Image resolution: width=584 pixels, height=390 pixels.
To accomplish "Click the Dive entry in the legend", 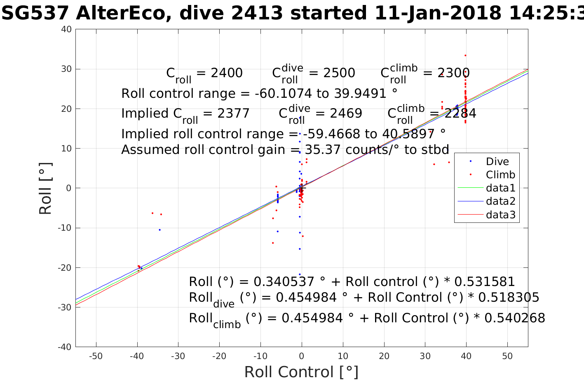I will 497,161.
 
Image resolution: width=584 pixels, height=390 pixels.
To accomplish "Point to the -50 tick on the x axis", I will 96,356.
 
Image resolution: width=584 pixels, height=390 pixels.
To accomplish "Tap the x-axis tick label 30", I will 425,356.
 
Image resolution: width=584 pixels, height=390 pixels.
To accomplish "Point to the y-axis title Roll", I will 45,188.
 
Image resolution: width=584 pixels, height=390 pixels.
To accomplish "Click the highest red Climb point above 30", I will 465,55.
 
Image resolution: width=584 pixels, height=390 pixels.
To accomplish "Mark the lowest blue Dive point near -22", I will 300,274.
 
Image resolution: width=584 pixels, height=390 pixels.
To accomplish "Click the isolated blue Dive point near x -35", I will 159,230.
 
